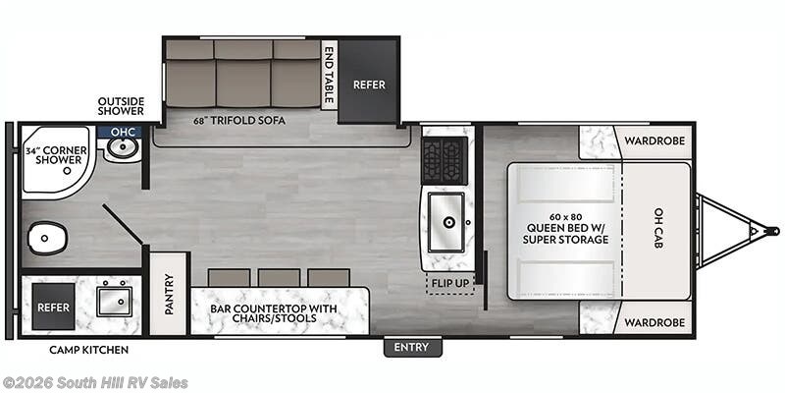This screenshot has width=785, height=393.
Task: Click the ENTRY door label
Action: pyautogui.click(x=412, y=347)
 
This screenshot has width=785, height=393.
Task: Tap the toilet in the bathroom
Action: pyautogui.click(x=47, y=238)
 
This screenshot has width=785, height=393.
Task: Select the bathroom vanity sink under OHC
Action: pyautogui.click(x=122, y=148)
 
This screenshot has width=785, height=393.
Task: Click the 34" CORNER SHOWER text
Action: pyautogui.click(x=56, y=155)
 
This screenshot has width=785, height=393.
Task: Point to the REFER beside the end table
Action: pyautogui.click(x=370, y=84)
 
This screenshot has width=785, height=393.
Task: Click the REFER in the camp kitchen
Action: pyautogui.click(x=54, y=307)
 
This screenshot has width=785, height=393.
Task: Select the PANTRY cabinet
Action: pyautogui.click(x=168, y=294)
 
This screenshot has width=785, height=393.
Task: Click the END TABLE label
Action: pyautogui.click(x=329, y=75)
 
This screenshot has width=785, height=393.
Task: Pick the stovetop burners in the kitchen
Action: pyautogui.click(x=445, y=159)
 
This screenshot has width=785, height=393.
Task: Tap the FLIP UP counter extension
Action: pyautogui.click(x=450, y=283)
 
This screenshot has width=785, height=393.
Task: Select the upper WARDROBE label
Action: pyautogui.click(x=654, y=141)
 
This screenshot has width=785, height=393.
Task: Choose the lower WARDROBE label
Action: pyautogui.click(x=654, y=322)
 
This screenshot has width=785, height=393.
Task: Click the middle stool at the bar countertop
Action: pyautogui.click(x=279, y=278)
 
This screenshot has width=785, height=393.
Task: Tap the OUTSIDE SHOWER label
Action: pyautogui.click(x=121, y=106)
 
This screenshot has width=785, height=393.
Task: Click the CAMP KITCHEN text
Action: pyautogui.click(x=88, y=350)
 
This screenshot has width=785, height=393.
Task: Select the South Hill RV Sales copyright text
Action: pyautogui.click(x=94, y=383)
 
